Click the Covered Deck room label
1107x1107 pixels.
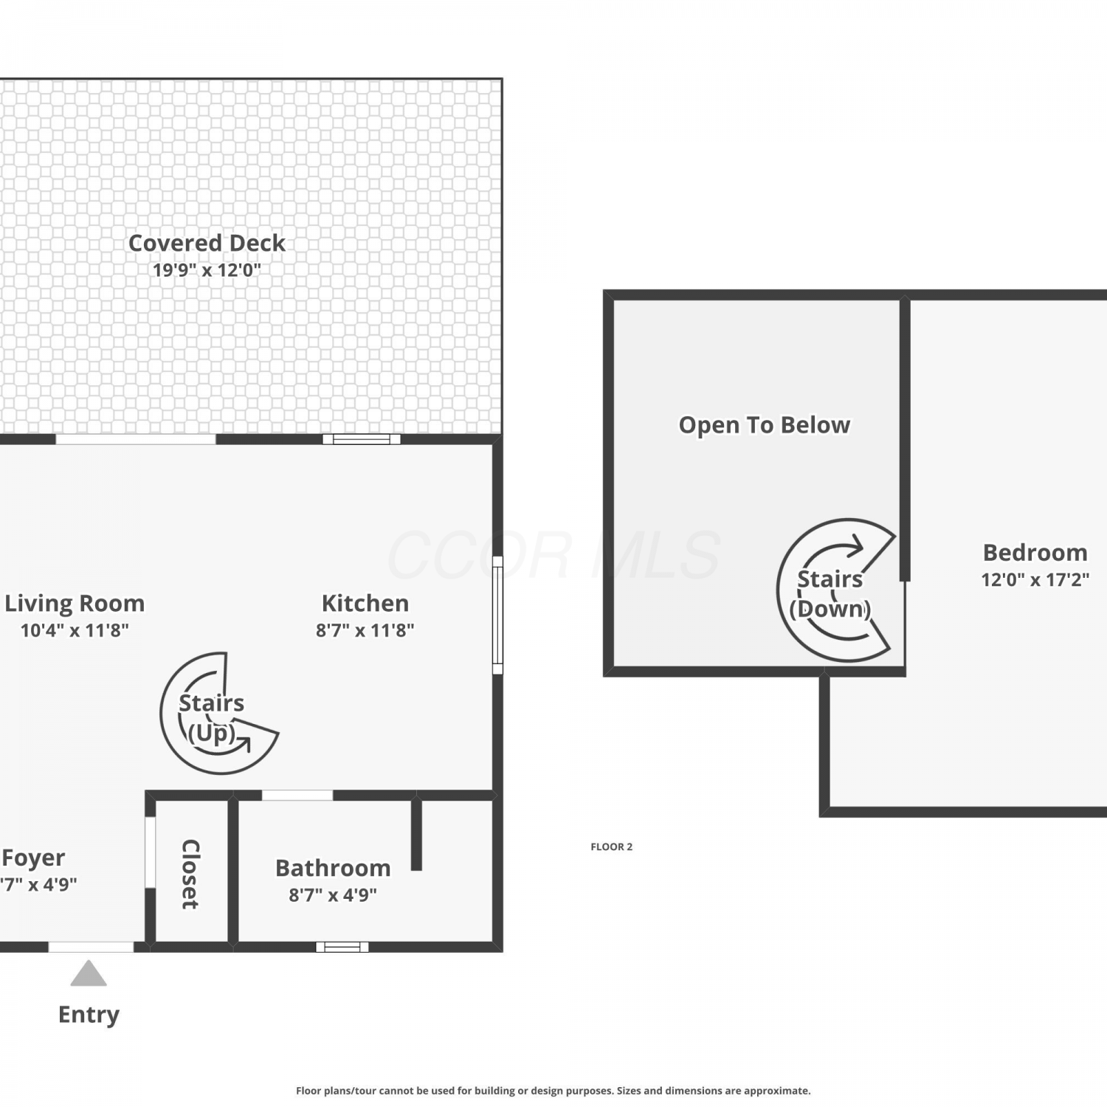coord(207,243)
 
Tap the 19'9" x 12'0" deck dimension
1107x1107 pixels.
coord(207,270)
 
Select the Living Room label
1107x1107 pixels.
coord(75,604)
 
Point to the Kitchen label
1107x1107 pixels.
coord(365,603)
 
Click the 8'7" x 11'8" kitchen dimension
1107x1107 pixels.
coord(365,630)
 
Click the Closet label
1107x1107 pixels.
coord(190,874)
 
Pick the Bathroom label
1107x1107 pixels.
coord(333,868)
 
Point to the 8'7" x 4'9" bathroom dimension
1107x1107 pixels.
coord(333,895)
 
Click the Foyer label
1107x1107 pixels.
coord(33,858)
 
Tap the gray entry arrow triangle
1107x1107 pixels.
coord(89,974)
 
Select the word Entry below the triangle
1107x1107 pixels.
coord(89,1015)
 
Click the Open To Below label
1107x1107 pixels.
coord(765,425)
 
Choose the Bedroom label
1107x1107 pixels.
coord(1035,553)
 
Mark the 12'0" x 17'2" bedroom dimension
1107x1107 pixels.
coord(1035,580)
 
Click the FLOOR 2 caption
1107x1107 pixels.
coord(612,846)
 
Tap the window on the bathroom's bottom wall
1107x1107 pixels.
coord(342,947)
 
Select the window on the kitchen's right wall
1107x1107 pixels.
coord(498,615)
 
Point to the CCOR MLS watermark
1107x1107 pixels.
coord(553,555)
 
